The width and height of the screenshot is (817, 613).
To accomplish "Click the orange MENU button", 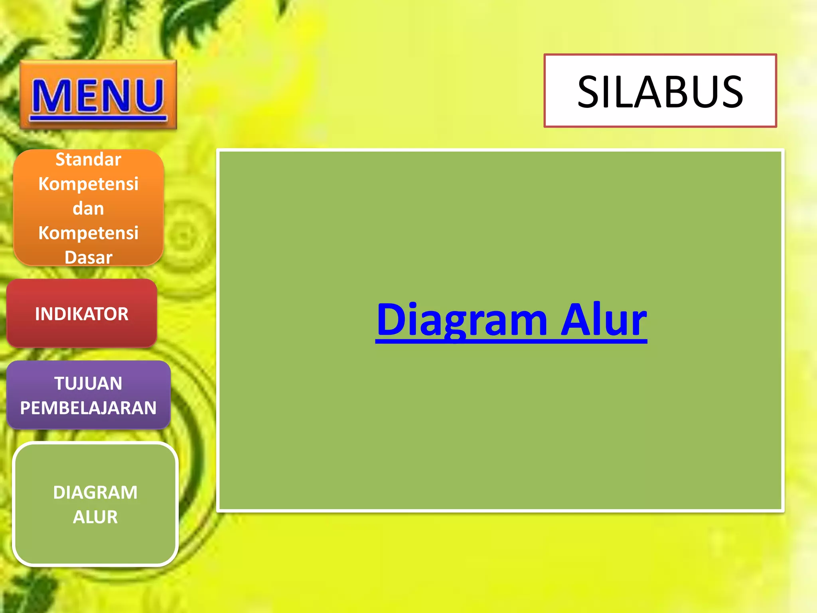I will pyautogui.click(x=98, y=95).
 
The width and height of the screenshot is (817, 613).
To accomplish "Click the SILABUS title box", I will pyautogui.click(x=660, y=91).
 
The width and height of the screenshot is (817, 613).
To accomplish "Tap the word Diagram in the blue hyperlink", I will pyautogui.click(x=462, y=320).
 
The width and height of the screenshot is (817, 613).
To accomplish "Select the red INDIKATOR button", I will pyautogui.click(x=82, y=314).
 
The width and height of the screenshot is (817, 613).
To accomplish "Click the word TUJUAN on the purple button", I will pyautogui.click(x=88, y=384).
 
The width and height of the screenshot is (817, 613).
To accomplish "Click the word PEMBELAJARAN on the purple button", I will pyautogui.click(x=88, y=408).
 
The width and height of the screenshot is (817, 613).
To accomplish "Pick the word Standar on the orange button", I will pyautogui.click(x=88, y=160).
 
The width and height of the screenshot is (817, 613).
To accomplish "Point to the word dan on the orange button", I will pyautogui.click(x=88, y=209).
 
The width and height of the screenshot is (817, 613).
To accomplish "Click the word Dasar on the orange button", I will pyautogui.click(x=88, y=257).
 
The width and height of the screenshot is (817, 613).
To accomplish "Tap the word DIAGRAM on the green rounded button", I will pyautogui.click(x=95, y=492).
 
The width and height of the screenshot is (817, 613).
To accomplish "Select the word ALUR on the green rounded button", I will pyautogui.click(x=95, y=517).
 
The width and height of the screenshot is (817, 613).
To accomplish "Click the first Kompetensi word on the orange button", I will pyautogui.click(x=88, y=184).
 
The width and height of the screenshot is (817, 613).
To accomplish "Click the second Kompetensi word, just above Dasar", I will pyautogui.click(x=88, y=233).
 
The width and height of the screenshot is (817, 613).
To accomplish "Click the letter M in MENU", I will pyautogui.click(x=51, y=96).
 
